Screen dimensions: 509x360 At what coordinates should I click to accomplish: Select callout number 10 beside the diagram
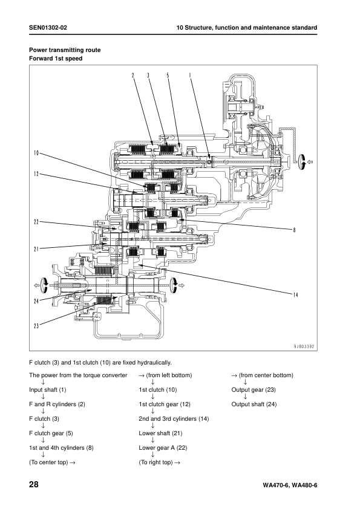point(36,152)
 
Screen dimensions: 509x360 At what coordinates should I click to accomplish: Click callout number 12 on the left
point(36,173)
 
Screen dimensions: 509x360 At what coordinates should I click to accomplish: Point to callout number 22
point(36,222)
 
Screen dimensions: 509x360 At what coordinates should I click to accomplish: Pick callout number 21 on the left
point(36,248)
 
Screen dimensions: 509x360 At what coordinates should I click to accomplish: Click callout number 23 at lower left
point(36,326)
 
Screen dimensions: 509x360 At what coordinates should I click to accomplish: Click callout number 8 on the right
point(294,230)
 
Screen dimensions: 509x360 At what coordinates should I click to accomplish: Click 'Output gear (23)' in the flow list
point(254,390)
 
